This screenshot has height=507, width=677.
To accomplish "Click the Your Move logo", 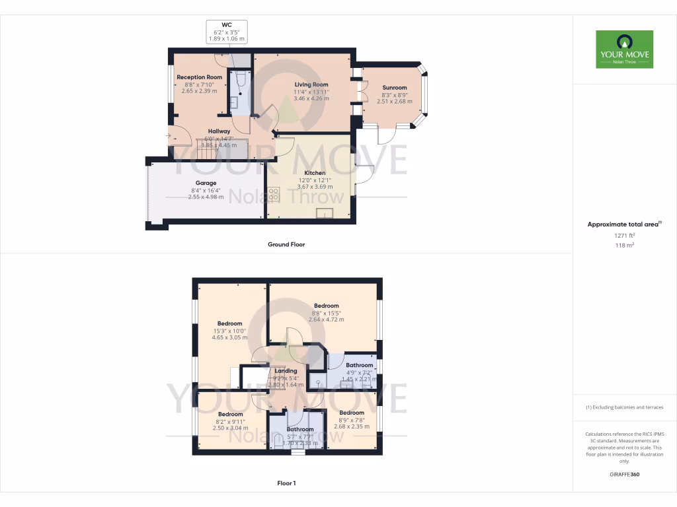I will pos(624,49).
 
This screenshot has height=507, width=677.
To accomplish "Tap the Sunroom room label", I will pos(395,87).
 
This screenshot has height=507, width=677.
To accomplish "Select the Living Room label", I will pos(311,84).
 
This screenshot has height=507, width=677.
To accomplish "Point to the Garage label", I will pos(206,183).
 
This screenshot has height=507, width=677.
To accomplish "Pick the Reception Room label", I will pos(199,77).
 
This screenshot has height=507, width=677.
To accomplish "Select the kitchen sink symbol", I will pos(325,212).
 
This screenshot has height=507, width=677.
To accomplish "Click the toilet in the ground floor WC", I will pos(241,81).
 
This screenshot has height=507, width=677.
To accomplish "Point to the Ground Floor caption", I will pos(286,244).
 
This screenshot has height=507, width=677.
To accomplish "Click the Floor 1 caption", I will pos(286,483).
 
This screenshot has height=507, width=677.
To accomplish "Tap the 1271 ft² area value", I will pos(624,235).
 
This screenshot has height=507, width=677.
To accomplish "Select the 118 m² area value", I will pos(624,245).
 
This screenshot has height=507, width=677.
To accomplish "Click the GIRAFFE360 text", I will pos(624,475).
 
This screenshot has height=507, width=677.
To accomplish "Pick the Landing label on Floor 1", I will pos(286,371).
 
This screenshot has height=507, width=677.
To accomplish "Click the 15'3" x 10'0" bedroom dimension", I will pos(229,331).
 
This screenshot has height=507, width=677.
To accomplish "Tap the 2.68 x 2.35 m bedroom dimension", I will pos(352,426).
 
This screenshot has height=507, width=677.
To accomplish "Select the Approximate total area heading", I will pos(623,224).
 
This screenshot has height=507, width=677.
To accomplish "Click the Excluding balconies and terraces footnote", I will pos(624,407).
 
